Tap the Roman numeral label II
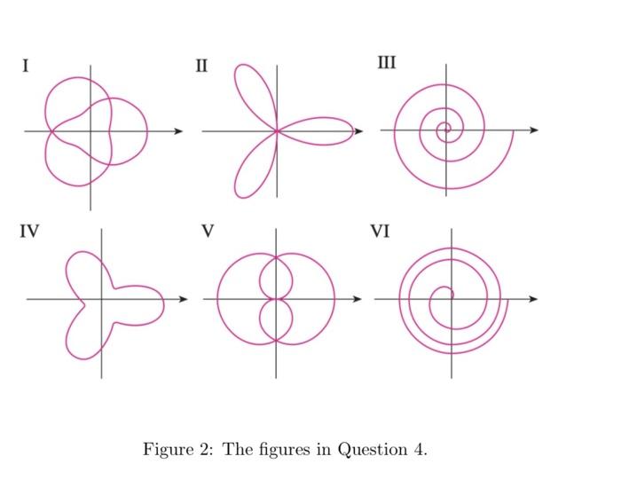(x=201, y=65)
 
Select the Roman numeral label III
(x=387, y=62)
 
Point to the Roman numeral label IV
(x=29, y=232)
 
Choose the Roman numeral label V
(x=208, y=232)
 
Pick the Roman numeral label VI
(x=380, y=232)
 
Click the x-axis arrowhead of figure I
(x=179, y=131)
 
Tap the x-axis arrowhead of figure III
(x=534, y=130)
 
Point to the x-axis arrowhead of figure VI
(x=534, y=299)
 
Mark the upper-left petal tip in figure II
(x=239, y=70)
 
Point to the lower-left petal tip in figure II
(x=239, y=193)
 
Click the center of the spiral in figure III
(x=444, y=130)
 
